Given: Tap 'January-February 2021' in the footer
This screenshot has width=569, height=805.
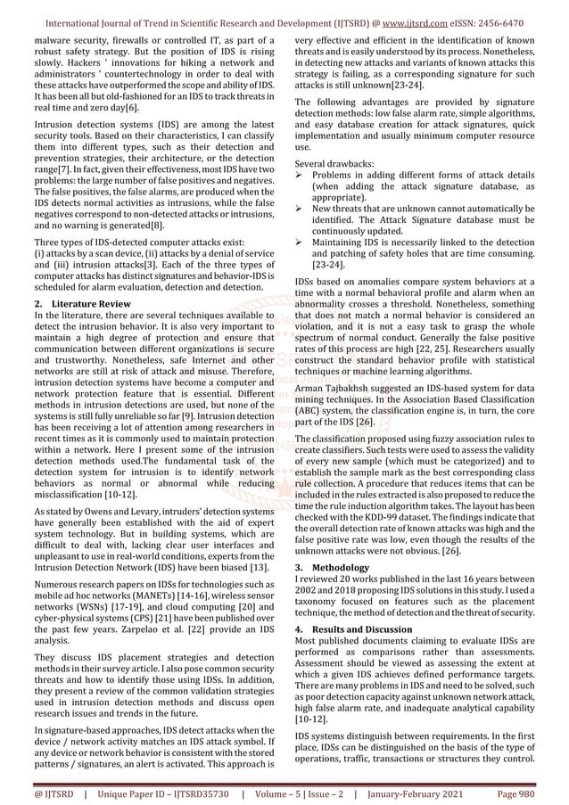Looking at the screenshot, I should (425, 789).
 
